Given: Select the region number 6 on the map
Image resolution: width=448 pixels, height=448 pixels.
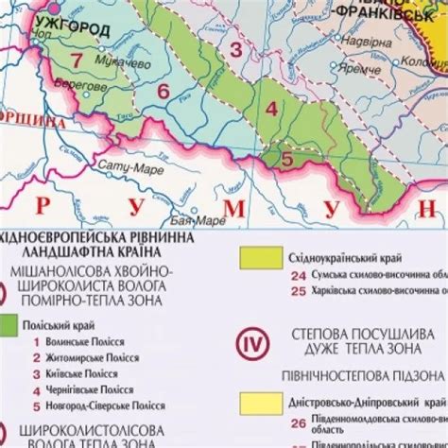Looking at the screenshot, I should tap(163, 92).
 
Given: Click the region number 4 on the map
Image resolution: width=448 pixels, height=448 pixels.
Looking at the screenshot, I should tap(271, 109).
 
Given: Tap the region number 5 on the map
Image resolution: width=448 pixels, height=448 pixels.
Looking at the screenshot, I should tap(286, 160).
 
